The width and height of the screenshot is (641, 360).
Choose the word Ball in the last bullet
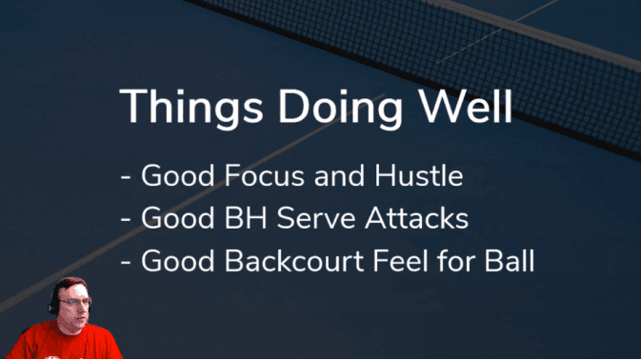509,261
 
